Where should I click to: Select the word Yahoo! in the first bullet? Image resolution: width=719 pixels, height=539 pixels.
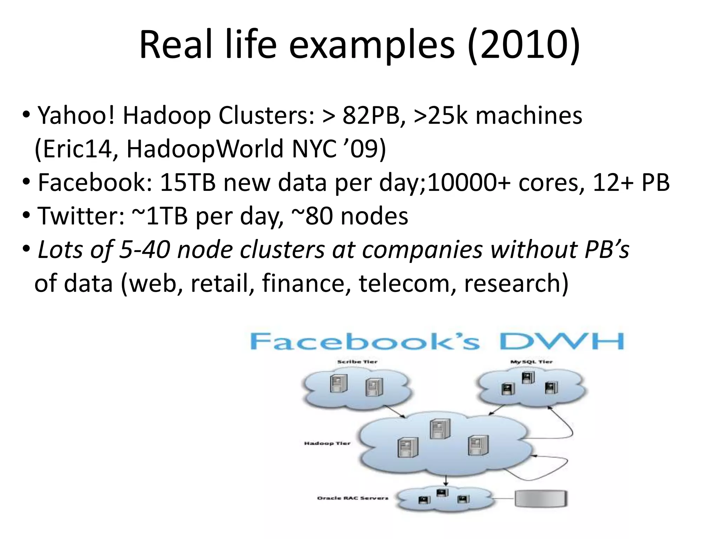pos(76,115)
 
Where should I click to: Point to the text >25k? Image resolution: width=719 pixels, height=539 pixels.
pos(440,115)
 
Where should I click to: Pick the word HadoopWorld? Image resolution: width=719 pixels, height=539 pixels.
pos(204,149)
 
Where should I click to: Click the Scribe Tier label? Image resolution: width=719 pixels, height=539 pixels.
pos(357,362)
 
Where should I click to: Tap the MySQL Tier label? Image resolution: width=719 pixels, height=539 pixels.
pos(531,362)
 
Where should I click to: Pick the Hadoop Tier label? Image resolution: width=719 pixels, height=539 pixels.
pos(327,444)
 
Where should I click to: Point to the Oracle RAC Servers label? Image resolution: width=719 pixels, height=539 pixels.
pos(352,498)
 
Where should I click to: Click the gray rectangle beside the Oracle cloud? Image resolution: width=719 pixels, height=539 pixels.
pos(541,498)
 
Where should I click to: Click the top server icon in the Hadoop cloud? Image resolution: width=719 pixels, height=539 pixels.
pos(440,429)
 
